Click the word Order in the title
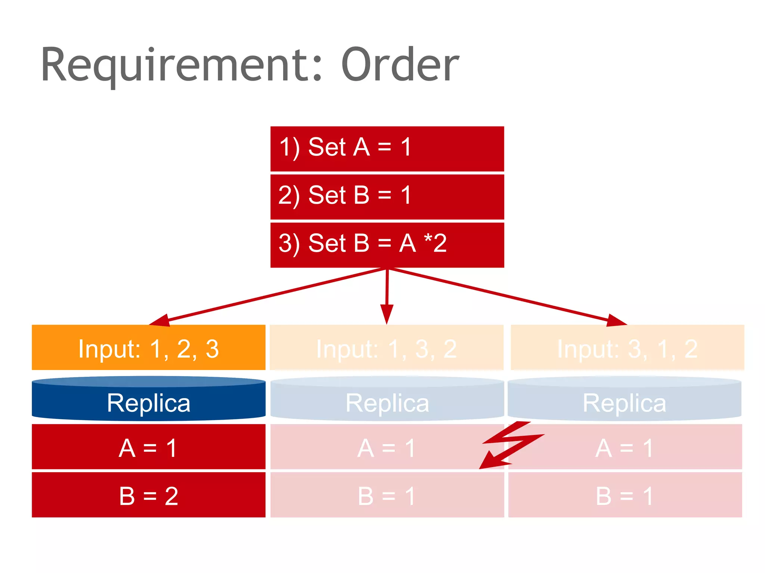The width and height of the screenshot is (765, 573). [400, 65]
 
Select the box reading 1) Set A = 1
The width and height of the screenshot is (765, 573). [387, 148]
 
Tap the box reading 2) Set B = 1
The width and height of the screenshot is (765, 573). [387, 197]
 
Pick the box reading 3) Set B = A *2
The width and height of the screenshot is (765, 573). [387, 245]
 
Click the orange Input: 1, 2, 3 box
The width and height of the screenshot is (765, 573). [148, 348]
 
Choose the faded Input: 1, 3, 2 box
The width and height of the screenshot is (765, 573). [386, 348]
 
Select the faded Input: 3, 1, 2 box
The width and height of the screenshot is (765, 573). [627, 348]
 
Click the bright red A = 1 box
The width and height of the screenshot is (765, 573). [148, 447]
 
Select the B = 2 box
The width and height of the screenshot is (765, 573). [148, 495]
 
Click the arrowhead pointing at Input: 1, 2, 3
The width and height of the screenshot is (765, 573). [159, 320]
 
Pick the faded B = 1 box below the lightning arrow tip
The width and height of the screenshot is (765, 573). [387, 495]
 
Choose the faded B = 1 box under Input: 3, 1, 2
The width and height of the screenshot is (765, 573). [625, 495]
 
